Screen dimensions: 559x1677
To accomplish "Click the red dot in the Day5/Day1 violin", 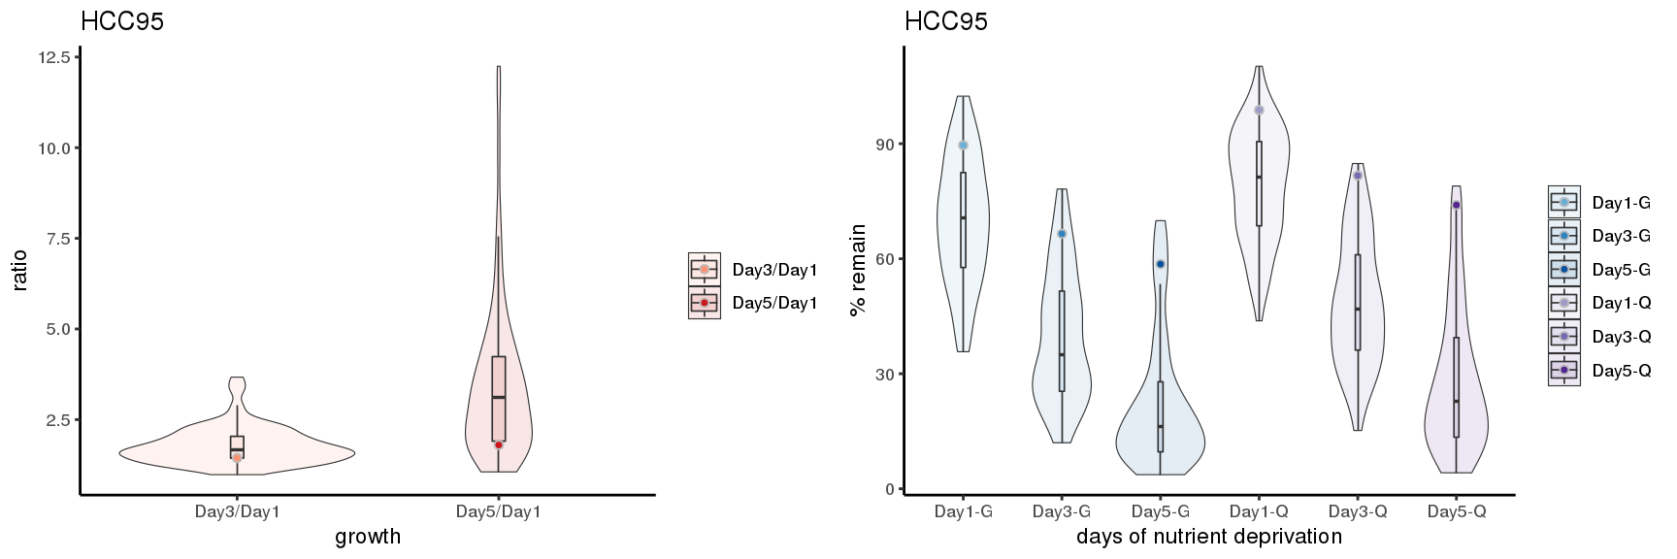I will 499,444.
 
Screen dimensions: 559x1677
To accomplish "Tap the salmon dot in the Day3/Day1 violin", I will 237,457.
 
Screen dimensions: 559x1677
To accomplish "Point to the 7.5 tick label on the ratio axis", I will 53,239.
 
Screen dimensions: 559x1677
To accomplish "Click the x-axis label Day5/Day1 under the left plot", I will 498,511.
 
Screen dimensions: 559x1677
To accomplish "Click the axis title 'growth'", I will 368,537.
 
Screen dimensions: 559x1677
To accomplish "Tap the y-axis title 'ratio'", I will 20,271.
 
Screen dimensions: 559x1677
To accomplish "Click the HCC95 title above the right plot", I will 946,21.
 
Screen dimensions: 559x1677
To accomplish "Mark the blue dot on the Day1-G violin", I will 963,146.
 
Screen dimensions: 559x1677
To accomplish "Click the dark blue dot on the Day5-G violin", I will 1160,264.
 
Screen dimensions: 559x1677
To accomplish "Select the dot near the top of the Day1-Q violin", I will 1259,110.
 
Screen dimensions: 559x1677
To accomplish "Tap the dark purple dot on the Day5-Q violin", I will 1456,205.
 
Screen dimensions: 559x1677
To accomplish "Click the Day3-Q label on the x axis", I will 1357,511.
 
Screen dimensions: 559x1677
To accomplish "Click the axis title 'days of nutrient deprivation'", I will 1209,537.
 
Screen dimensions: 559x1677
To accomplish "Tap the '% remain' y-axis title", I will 858,270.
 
